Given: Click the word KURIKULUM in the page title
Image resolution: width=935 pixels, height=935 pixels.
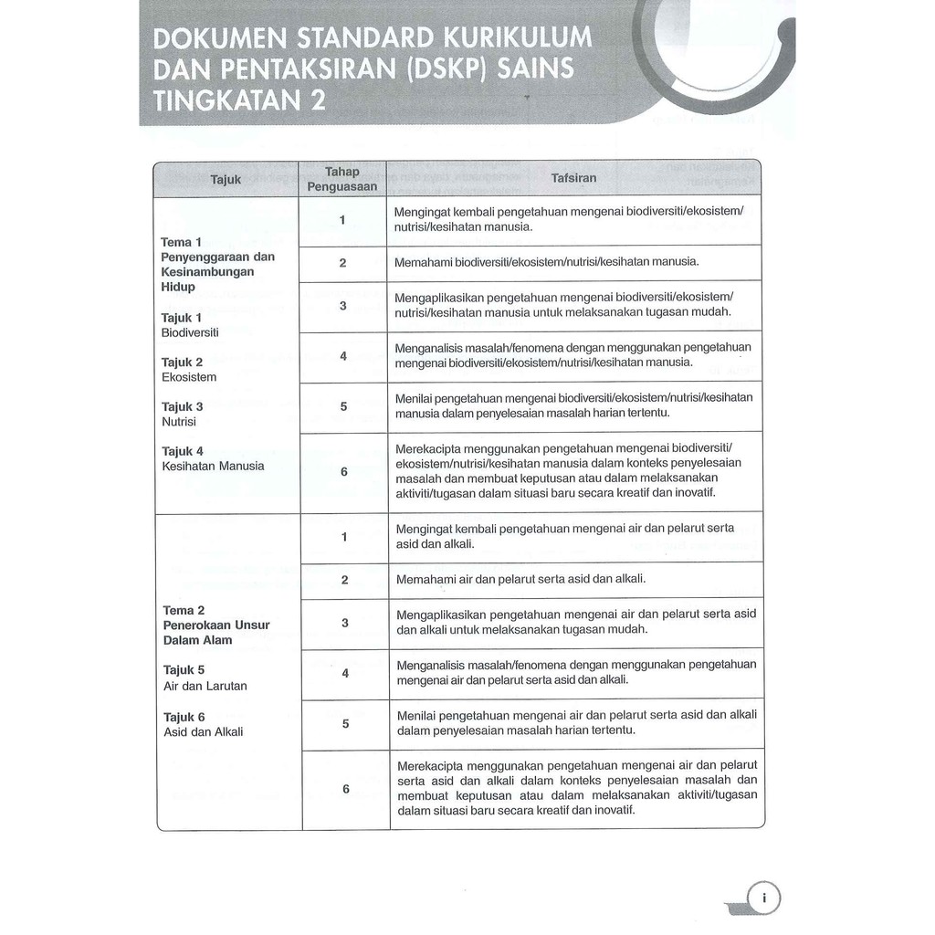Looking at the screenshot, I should (x=518, y=38).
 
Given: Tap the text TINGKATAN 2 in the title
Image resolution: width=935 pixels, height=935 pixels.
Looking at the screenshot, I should (x=239, y=100).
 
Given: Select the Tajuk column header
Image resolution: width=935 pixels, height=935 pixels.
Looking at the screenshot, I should (x=226, y=179).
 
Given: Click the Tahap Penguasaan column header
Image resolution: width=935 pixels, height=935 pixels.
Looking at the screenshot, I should (x=342, y=179).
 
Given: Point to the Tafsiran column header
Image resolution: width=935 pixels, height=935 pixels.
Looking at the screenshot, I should (x=573, y=178).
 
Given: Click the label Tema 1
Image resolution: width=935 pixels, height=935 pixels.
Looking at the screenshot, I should (x=176, y=242).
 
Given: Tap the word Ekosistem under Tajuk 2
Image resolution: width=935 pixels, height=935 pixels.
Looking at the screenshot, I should (x=189, y=377).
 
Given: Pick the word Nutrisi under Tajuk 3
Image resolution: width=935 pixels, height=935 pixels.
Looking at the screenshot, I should (x=179, y=422).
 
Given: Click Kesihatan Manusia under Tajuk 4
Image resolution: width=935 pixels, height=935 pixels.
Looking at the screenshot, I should (x=213, y=466).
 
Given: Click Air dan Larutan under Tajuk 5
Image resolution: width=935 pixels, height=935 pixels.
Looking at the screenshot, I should (x=205, y=686).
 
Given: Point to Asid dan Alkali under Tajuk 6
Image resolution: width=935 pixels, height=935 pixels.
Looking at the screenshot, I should (x=204, y=731).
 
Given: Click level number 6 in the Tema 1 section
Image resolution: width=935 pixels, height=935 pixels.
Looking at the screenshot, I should (x=344, y=472).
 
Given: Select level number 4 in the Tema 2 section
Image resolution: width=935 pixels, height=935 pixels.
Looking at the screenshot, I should (x=345, y=674).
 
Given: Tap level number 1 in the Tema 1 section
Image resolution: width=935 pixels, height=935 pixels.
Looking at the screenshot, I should (x=342, y=220).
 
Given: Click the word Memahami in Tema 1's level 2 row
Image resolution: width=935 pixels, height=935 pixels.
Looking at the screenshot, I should (x=423, y=262).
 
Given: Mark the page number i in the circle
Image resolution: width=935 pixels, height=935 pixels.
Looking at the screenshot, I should (x=764, y=898).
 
